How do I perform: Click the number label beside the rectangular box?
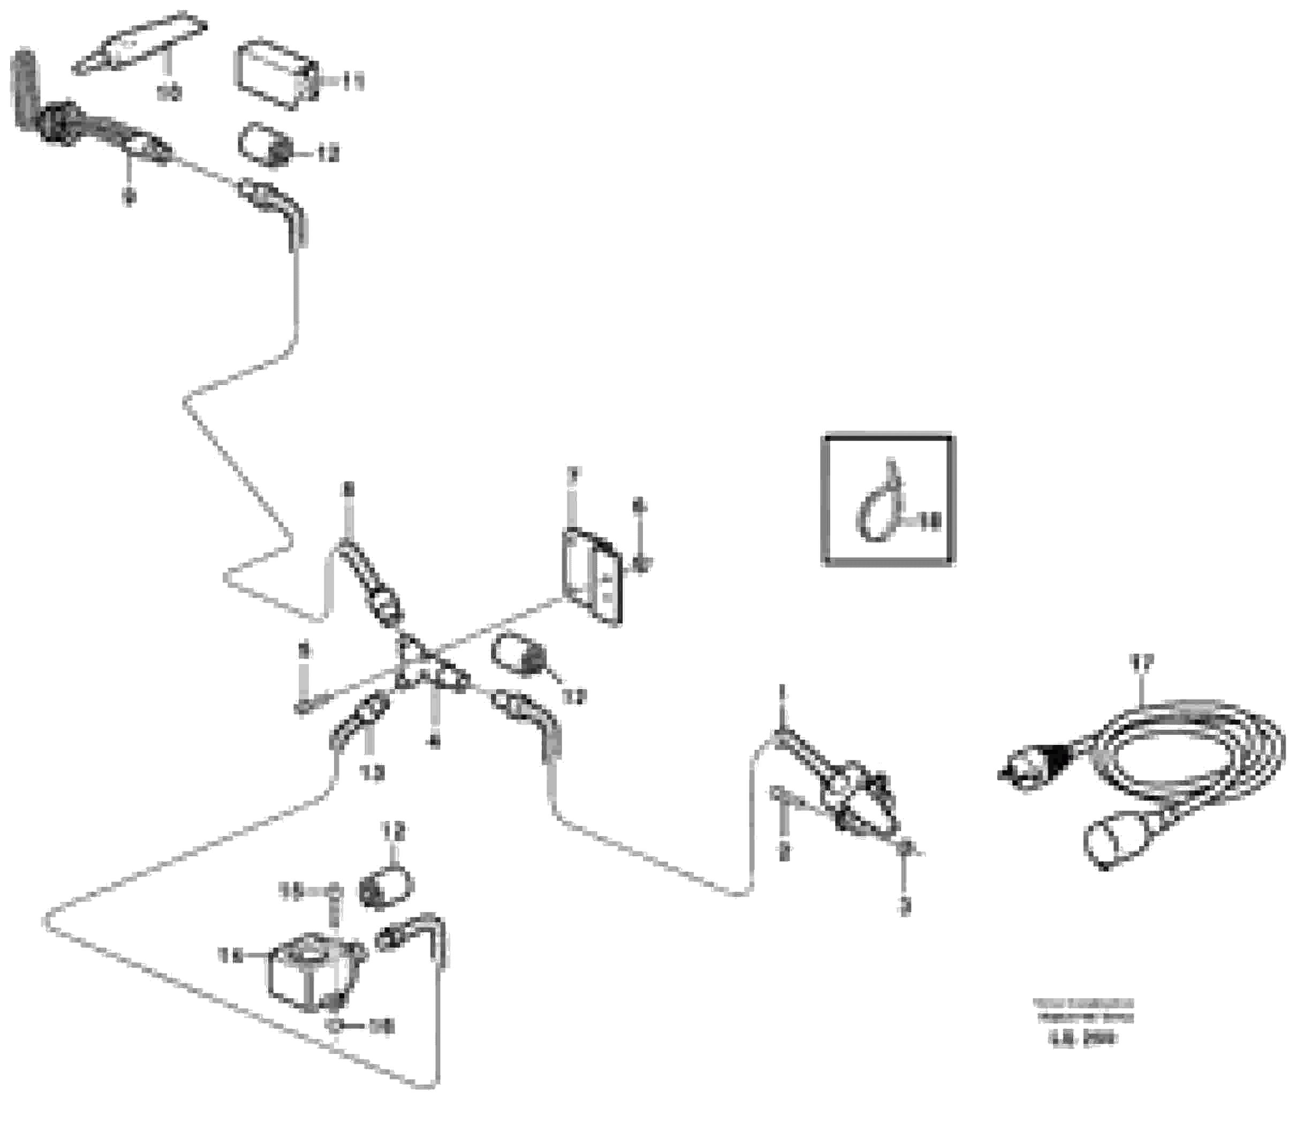point(352,81)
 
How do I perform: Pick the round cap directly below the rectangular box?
point(263,146)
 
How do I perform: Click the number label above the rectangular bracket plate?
point(572,473)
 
